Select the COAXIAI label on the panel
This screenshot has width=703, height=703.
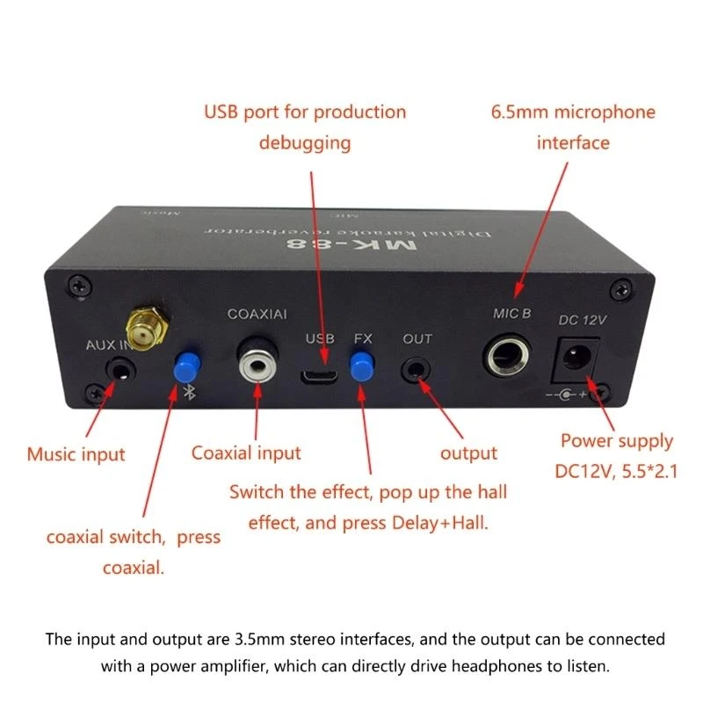(x=256, y=314)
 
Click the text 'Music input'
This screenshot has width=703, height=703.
(x=76, y=454)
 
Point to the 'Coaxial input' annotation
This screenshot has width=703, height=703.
(x=246, y=453)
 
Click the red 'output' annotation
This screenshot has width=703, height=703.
(x=468, y=453)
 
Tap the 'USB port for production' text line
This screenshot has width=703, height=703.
(x=305, y=112)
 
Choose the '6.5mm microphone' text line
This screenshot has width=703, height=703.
(x=572, y=112)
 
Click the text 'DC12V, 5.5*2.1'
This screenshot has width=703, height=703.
(x=616, y=471)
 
